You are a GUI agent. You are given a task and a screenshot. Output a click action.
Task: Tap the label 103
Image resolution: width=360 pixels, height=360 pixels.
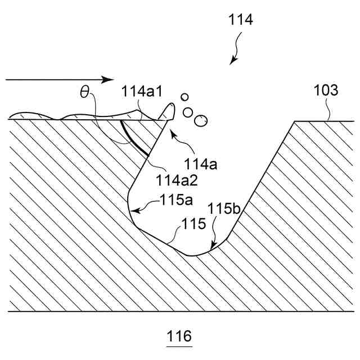326,90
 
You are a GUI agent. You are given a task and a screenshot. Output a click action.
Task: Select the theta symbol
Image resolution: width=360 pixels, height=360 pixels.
85,92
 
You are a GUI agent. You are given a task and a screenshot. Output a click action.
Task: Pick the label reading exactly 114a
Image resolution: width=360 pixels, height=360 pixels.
201,164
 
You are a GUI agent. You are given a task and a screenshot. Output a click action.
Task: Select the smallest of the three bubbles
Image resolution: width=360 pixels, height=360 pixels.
184,97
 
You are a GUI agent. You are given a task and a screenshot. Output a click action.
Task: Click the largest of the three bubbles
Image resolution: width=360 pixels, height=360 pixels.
200,120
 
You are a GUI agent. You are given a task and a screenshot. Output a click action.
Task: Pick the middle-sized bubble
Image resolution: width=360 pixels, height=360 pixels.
189,111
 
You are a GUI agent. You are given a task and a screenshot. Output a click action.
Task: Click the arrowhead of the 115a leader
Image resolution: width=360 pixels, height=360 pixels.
132,211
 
